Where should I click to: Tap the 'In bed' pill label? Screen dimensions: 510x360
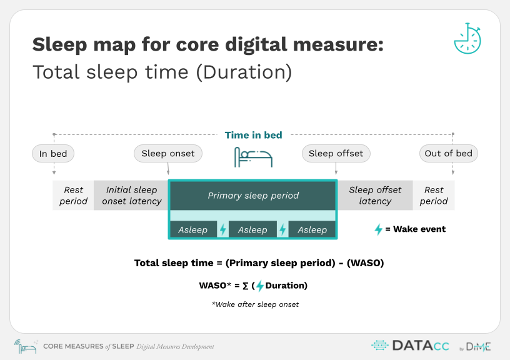(53, 154)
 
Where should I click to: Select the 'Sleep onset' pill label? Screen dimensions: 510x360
(168, 154)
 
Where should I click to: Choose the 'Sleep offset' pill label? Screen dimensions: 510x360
(336, 154)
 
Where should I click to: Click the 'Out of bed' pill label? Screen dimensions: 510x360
(449, 154)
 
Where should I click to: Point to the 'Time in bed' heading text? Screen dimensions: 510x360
(253, 135)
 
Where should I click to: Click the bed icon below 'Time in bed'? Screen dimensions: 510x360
(253, 157)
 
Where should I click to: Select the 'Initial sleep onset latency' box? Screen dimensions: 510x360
(131, 196)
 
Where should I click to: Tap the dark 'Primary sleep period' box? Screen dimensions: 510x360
(253, 196)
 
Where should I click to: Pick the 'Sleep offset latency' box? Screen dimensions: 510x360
(375, 196)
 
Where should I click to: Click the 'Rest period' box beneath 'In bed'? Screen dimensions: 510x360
(73, 196)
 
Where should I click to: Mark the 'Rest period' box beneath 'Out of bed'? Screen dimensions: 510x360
(434, 196)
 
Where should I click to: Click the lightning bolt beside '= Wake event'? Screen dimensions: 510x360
(378, 229)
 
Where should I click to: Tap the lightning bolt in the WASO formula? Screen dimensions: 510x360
(259, 286)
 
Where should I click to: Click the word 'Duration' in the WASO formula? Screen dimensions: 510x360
(285, 286)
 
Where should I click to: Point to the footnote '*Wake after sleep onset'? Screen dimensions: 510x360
(255, 304)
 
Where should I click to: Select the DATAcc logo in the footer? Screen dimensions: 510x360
(411, 346)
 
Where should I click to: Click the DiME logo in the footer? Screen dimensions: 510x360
(475, 347)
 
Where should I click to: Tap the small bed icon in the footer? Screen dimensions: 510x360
(26, 347)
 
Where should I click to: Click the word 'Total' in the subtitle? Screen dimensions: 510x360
(56, 72)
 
